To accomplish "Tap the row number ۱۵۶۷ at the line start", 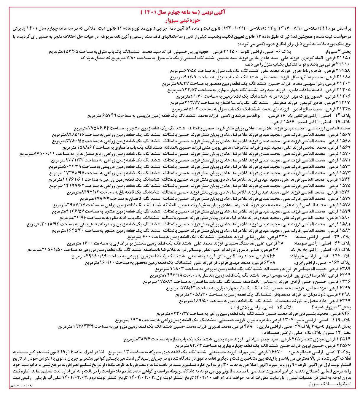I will pyautogui.click(x=346, y=135).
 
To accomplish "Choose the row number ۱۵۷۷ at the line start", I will pyautogui.click(x=346, y=199).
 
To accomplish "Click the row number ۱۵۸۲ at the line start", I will pyautogui.click(x=346, y=230).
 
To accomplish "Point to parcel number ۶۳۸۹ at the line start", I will pyautogui.click(x=345, y=269).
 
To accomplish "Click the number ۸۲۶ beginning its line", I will pyautogui.click(x=347, y=313).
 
